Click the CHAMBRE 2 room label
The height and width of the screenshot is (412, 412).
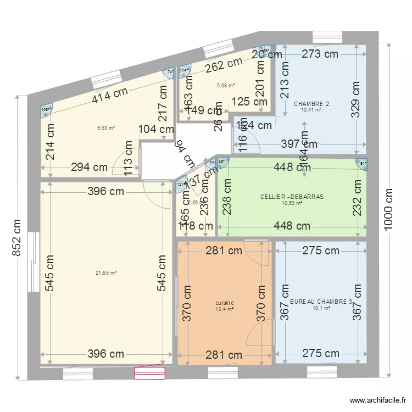tap(311, 104)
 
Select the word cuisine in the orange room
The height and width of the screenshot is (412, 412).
tap(225, 303)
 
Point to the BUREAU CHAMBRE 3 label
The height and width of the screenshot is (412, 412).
tap(321, 302)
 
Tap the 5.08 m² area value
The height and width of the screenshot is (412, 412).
tap(226, 86)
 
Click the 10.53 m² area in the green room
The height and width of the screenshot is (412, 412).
tap(292, 203)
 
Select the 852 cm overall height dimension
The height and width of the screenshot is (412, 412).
tap(18, 237)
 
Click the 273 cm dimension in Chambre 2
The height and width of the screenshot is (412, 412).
tap(320, 54)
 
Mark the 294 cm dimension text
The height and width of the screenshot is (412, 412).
tap(89, 168)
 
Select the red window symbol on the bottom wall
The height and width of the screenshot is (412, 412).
tap(150, 374)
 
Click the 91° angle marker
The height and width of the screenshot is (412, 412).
tap(362, 163)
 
